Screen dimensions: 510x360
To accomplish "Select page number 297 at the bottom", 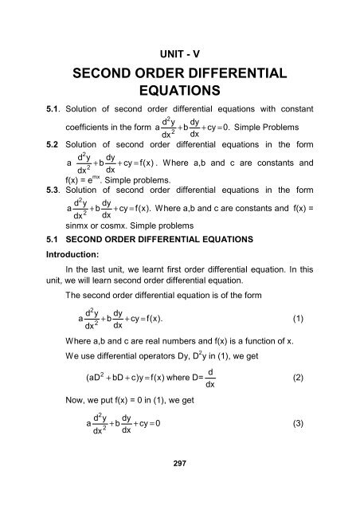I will tap(179, 488).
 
